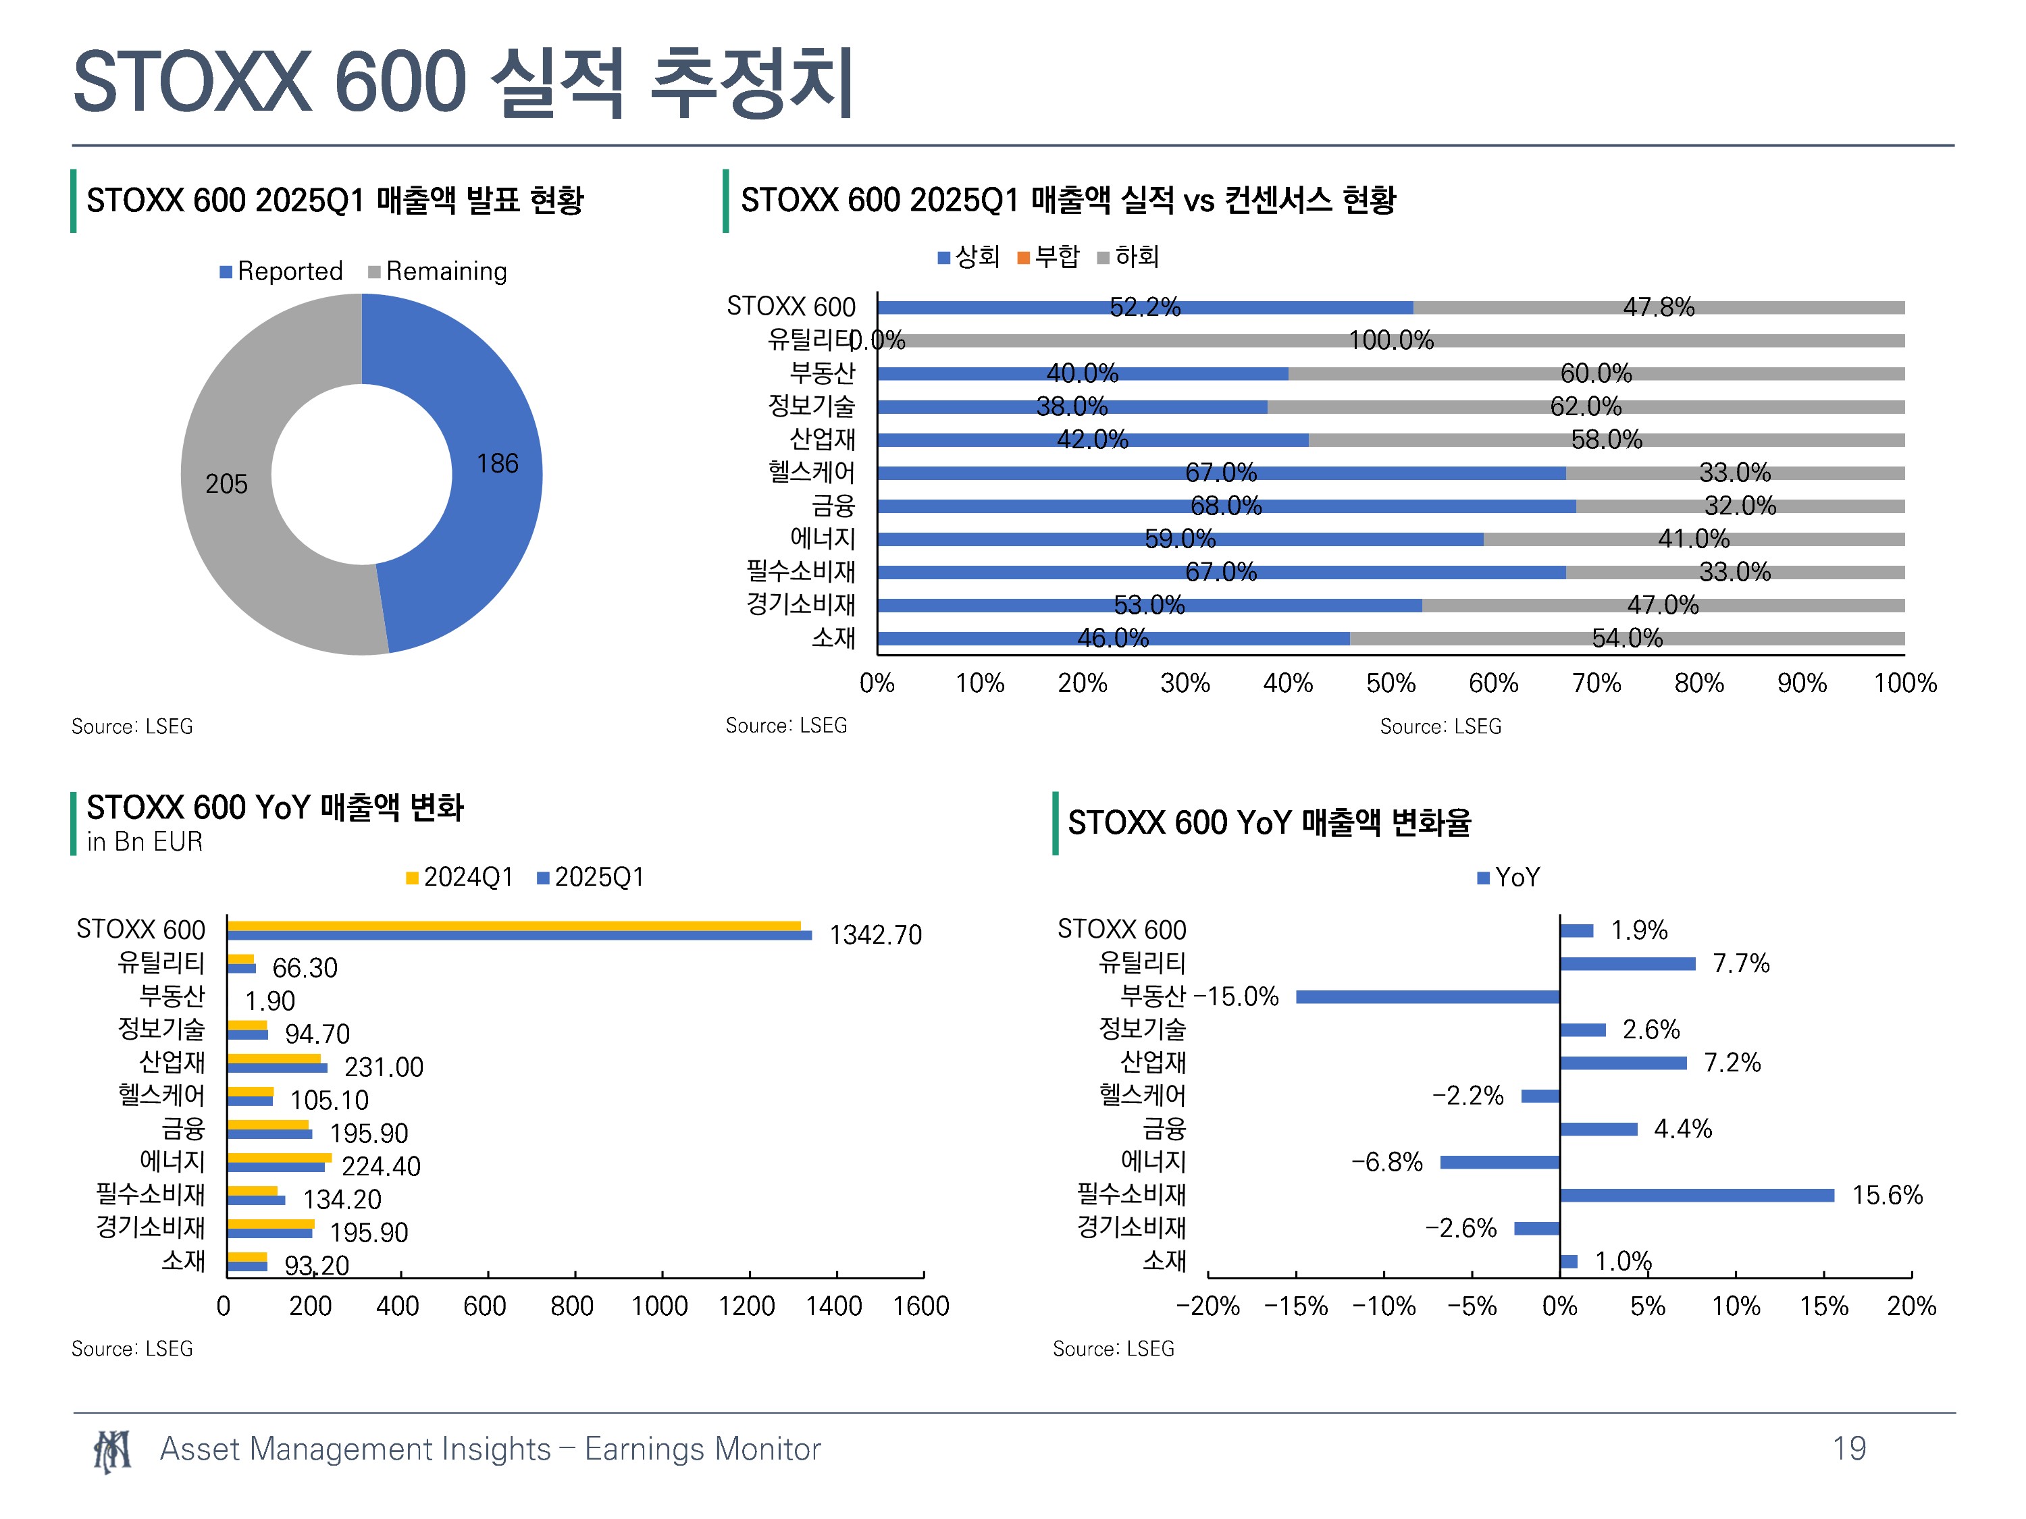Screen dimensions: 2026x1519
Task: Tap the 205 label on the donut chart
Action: (x=226, y=483)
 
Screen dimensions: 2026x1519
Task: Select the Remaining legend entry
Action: (x=438, y=271)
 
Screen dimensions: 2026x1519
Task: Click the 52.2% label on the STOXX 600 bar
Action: (x=1145, y=307)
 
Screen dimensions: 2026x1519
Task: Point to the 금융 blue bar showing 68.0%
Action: (x=1226, y=506)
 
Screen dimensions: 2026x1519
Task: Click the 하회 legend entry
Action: (x=1128, y=257)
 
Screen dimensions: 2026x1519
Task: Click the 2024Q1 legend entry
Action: (x=460, y=877)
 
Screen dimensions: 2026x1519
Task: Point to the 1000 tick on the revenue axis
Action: (x=659, y=1306)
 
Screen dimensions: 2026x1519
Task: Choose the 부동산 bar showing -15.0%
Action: (x=1427, y=997)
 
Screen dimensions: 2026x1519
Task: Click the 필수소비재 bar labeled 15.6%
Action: (x=1697, y=1195)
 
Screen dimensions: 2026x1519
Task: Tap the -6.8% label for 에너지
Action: (x=1386, y=1162)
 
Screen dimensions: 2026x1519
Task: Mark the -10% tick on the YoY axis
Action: (x=1384, y=1306)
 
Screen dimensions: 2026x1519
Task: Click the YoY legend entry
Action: (x=1509, y=877)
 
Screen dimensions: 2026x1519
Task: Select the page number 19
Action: (x=1849, y=1449)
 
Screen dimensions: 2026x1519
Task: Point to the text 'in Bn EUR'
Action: (x=145, y=841)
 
